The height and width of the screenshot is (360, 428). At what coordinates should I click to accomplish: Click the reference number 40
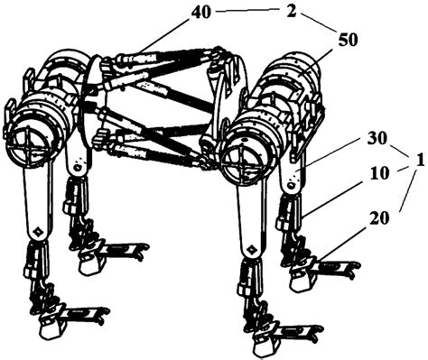201,13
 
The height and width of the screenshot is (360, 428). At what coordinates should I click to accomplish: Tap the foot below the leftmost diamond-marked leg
65,315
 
